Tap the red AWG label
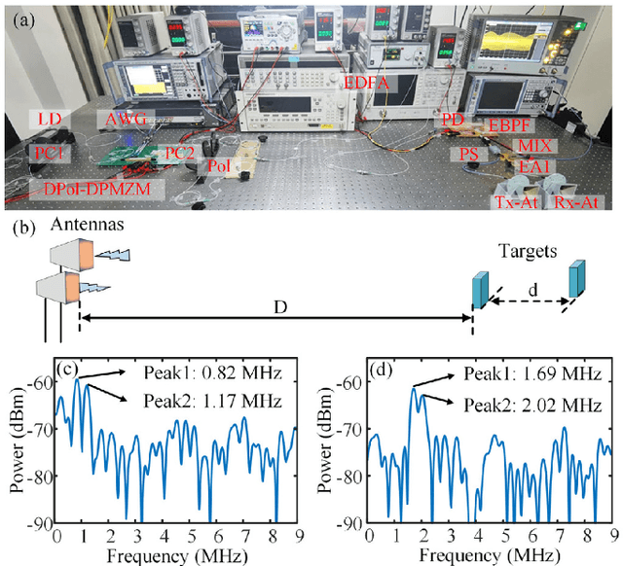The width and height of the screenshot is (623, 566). [x=125, y=118]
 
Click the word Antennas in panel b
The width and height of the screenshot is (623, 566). [x=66, y=225]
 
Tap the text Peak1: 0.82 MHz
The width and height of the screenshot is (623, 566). [x=210, y=372]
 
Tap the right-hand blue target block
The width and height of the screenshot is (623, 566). [x=579, y=277]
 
